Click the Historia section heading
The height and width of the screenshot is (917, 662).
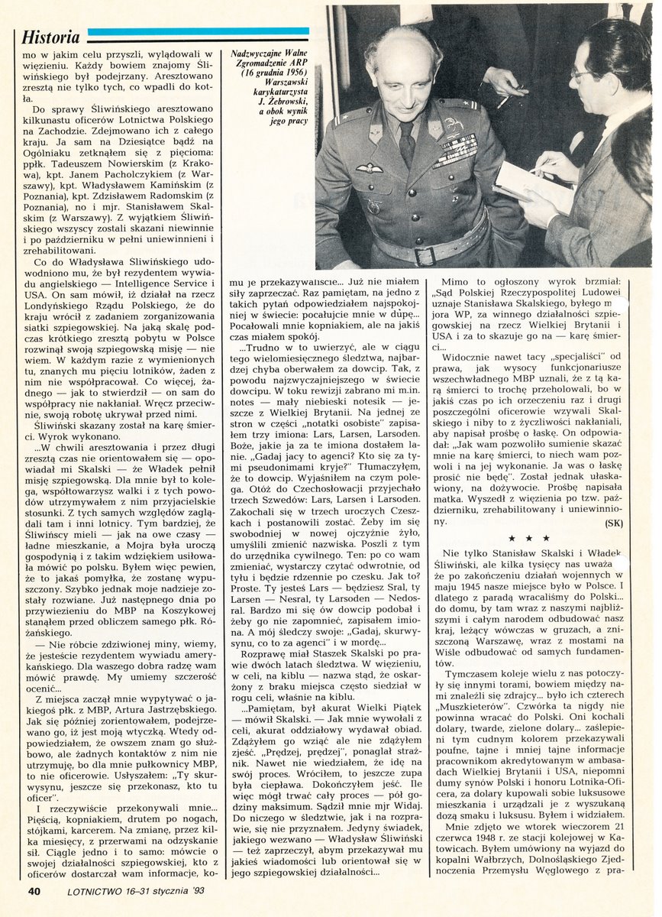click(x=50, y=37)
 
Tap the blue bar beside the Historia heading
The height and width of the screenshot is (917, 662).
click(x=199, y=33)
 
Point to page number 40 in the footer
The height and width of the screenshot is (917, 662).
click(x=35, y=890)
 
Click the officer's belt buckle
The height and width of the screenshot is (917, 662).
click(x=425, y=254)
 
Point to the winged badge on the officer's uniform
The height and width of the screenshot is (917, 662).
click(x=370, y=168)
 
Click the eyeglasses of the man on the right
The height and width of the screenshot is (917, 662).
click(x=586, y=74)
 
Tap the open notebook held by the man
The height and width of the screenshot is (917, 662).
click(x=527, y=187)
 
